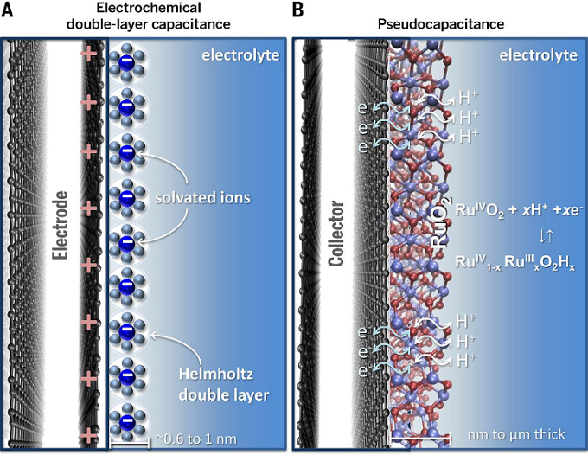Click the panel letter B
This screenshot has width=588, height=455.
coord(298,10)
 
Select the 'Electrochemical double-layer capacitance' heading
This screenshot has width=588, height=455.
coord(143,16)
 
